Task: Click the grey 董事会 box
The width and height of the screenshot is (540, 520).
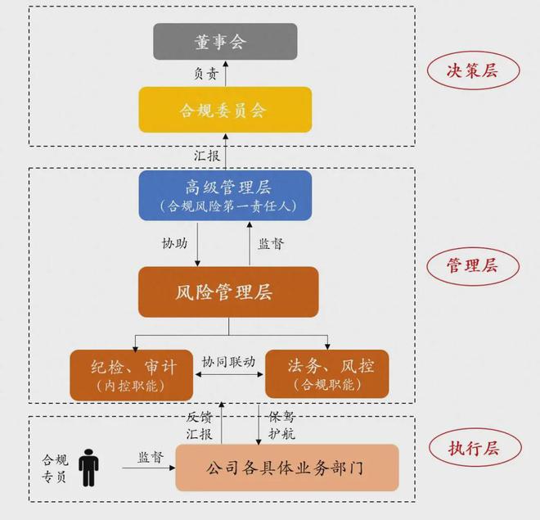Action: (225, 41)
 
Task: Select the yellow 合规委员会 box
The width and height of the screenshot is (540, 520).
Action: (225, 110)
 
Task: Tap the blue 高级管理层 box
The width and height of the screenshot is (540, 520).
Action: (225, 196)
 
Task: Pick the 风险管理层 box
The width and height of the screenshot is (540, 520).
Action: (228, 292)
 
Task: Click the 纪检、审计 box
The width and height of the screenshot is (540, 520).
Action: (131, 375)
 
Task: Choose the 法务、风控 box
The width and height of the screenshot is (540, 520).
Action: (326, 374)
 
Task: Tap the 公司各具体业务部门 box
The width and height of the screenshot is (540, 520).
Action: (287, 468)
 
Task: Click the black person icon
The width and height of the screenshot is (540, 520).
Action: (88, 468)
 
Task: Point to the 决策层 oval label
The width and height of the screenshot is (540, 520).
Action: (473, 70)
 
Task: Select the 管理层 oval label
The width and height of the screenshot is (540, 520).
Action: (473, 266)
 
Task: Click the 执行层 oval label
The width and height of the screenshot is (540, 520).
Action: (475, 448)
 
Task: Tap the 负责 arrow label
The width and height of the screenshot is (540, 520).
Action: (206, 74)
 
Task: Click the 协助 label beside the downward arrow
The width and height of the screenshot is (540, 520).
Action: (175, 243)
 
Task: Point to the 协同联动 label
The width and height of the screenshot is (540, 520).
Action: (228, 362)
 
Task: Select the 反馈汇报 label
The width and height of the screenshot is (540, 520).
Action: (200, 426)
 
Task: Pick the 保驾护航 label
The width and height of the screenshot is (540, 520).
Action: (281, 426)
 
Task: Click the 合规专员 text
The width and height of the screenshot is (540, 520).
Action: (55, 468)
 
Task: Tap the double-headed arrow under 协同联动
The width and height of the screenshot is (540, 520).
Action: (229, 374)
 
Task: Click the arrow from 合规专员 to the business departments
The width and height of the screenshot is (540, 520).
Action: (149, 468)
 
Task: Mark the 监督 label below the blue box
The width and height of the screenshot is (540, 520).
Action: (272, 244)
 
